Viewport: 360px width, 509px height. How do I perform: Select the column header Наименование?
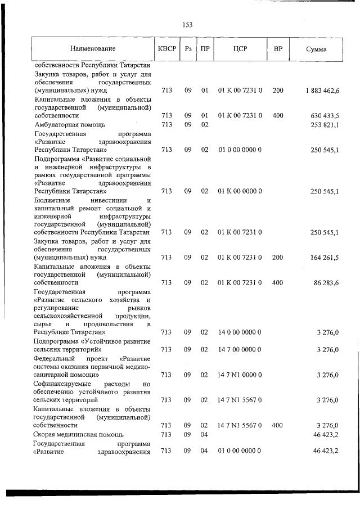pos(93,49)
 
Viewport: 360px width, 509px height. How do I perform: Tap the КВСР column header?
pos(167,49)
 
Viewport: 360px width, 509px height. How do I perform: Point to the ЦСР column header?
pos(240,49)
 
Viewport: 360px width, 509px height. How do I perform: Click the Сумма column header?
pos(316,49)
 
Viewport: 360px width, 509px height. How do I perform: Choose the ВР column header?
pos(278,49)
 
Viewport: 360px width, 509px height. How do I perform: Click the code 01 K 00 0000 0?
pos(240,191)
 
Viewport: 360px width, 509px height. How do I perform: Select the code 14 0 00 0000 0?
pos(240,332)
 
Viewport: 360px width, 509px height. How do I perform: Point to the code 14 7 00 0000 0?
pos(240,349)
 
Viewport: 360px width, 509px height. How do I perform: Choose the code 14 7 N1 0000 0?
pos(240,375)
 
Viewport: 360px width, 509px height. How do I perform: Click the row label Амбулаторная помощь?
pos(69,124)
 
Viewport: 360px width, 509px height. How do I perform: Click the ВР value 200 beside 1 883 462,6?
pos(278,90)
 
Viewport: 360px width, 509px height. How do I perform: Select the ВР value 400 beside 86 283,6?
pos(278,282)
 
